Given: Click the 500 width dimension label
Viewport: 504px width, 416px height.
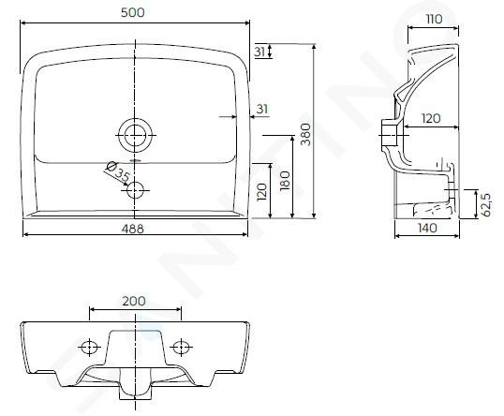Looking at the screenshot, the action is coord(133,12).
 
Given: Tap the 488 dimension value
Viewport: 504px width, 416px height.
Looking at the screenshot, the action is coord(133,229).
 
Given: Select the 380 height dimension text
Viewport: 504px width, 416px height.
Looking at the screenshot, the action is coord(306,134).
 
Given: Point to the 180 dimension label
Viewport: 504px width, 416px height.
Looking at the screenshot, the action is coord(285,181).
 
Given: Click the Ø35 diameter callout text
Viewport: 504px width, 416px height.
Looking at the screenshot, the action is coord(118,171).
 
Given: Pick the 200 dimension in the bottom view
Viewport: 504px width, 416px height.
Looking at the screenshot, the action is coord(134,301).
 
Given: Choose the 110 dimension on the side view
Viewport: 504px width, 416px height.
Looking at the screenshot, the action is coord(435,20).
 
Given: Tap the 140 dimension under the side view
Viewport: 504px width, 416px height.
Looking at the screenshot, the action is coord(427,228).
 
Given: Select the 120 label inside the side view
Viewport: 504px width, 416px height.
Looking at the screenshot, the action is coord(431,119).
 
